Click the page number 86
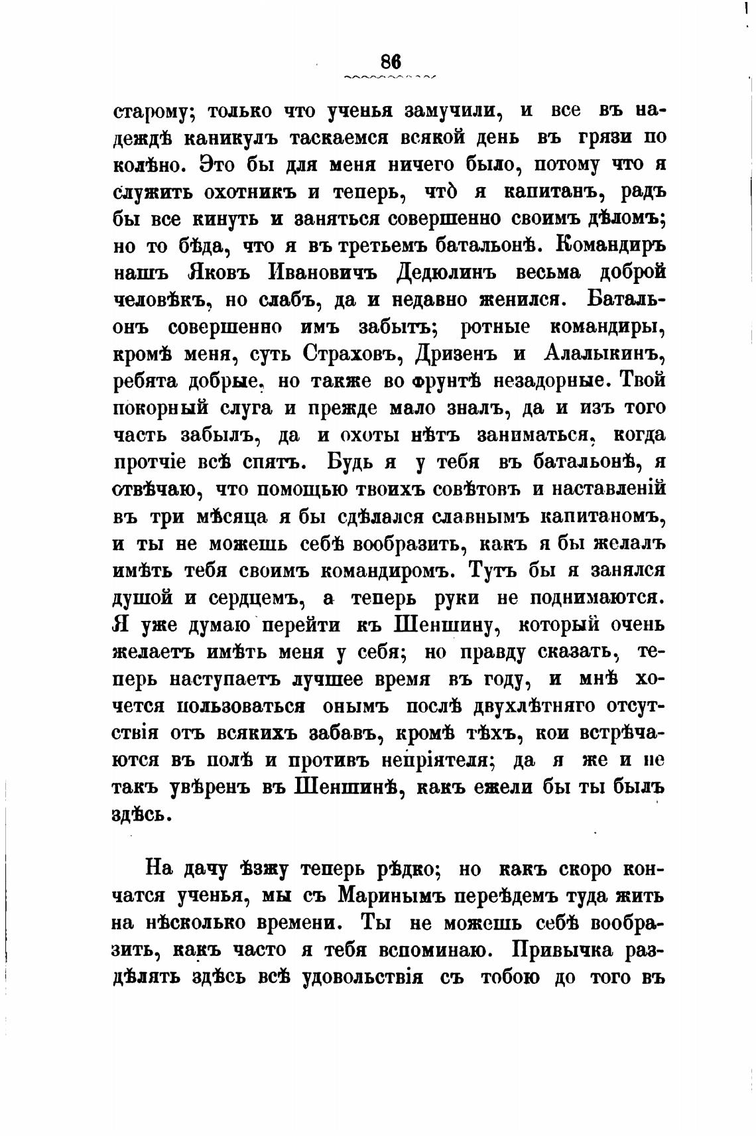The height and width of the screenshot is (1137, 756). pyautogui.click(x=391, y=60)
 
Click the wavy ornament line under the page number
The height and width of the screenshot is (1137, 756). pyautogui.click(x=391, y=78)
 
